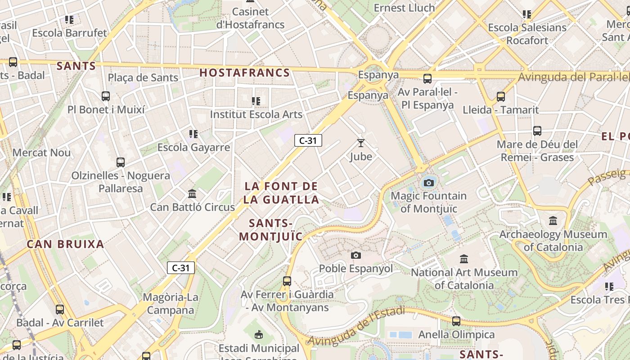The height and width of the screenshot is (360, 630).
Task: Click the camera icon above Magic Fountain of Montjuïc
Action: click(x=429, y=183)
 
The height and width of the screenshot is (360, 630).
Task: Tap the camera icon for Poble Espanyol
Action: click(x=356, y=255)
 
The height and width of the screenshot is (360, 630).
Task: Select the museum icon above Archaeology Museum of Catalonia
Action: click(x=553, y=221)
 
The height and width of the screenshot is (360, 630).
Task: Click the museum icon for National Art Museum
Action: click(x=464, y=259)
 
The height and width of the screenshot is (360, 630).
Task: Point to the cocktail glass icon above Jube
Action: click(x=361, y=143)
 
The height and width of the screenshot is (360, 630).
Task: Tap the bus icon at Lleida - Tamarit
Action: click(x=500, y=96)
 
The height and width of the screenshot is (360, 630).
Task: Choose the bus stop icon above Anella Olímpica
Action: click(x=456, y=321)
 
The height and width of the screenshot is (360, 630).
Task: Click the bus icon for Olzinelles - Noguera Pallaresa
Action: click(x=120, y=162)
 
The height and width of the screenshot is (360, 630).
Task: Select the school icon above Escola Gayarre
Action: click(x=193, y=134)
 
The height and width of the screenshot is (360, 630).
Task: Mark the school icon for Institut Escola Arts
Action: click(x=256, y=101)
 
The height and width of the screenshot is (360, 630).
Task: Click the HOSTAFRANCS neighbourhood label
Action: click(x=244, y=72)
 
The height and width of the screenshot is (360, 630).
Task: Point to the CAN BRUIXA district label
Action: click(x=65, y=244)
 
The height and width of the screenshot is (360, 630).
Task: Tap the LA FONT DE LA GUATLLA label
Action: click(x=281, y=193)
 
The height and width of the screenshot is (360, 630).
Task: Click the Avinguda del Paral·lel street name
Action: click(x=573, y=77)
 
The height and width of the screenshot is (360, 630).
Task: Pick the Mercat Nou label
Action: click(x=41, y=153)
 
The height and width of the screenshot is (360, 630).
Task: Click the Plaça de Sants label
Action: click(x=143, y=77)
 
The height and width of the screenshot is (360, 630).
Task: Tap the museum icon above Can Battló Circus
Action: click(x=192, y=194)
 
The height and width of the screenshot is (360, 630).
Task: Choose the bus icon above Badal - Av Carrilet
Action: click(x=60, y=309)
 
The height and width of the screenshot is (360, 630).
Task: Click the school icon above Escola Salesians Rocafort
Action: click(x=527, y=14)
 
